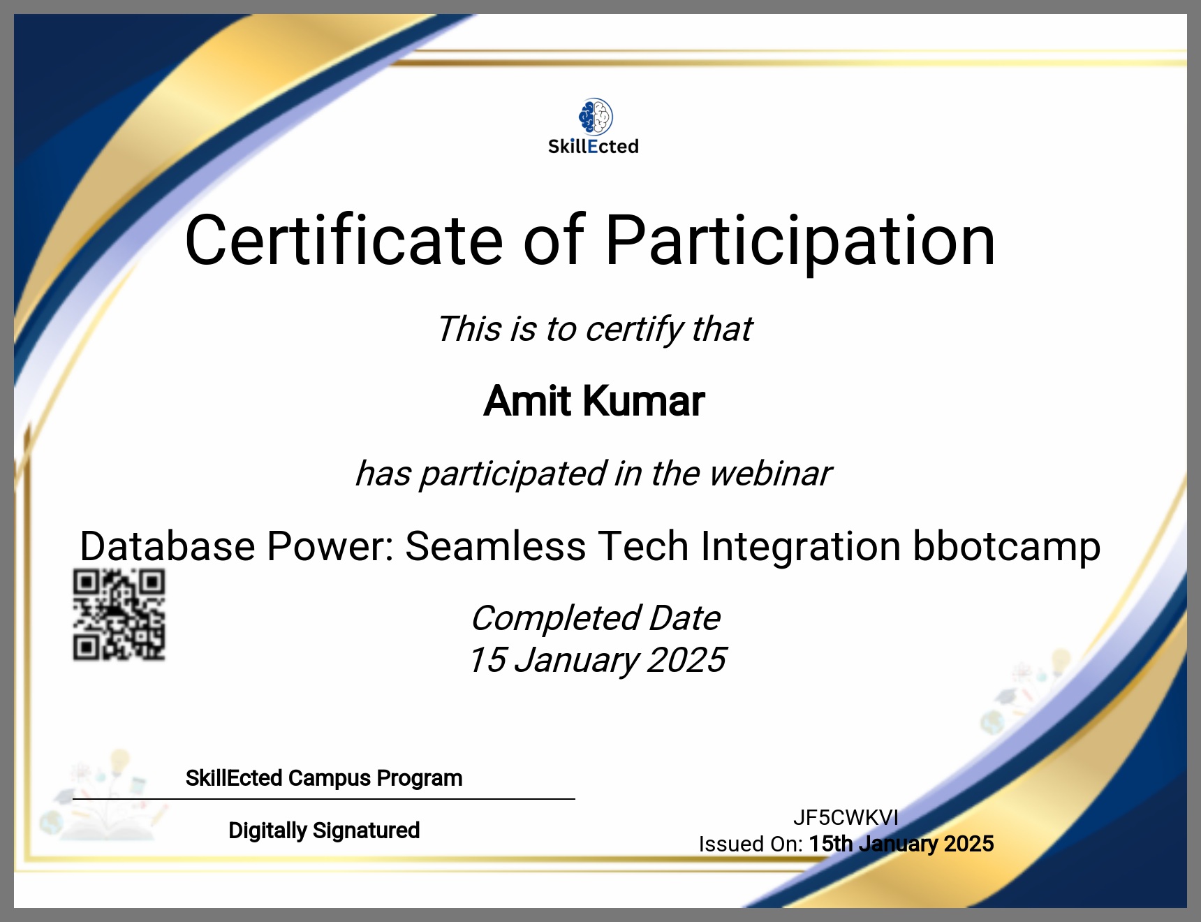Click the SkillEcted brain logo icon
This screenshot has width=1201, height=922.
[x=596, y=117]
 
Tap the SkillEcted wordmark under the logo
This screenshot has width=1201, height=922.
[x=594, y=147]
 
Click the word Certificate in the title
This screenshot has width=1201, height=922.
[x=344, y=240]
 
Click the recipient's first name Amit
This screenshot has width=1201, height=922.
[x=528, y=401]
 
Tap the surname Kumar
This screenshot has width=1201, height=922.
[x=644, y=401]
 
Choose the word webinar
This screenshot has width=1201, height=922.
[x=770, y=474]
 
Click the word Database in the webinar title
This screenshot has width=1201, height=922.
[x=168, y=546]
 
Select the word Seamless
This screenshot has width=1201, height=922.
[x=495, y=546]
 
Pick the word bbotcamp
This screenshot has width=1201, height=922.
[x=1007, y=547]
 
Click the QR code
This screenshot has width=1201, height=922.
[x=119, y=615]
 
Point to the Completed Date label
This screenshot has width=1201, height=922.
[x=596, y=618]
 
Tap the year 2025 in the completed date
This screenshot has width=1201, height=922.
[x=686, y=660]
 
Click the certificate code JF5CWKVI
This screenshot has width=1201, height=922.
[x=846, y=817]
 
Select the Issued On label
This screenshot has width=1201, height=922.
[x=751, y=844]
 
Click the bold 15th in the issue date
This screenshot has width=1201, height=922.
[x=831, y=844]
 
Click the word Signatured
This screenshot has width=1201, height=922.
[x=366, y=830]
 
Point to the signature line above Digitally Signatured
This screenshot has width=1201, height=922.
[x=324, y=799]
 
